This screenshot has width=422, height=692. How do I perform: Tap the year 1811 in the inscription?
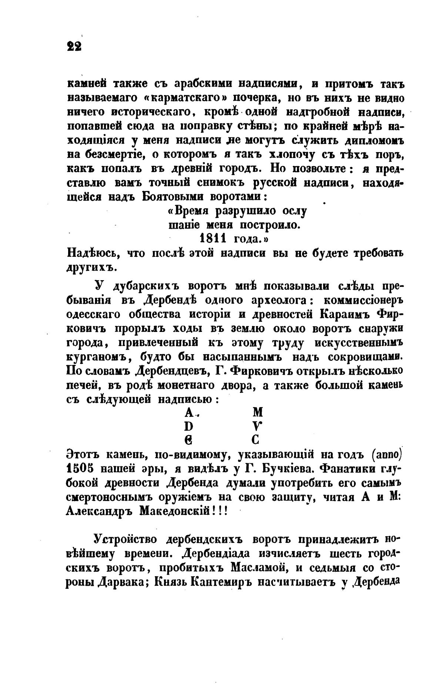coord(212,238)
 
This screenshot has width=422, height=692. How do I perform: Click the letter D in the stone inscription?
coord(188,426)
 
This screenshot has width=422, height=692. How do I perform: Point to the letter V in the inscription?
coord(258,426)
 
